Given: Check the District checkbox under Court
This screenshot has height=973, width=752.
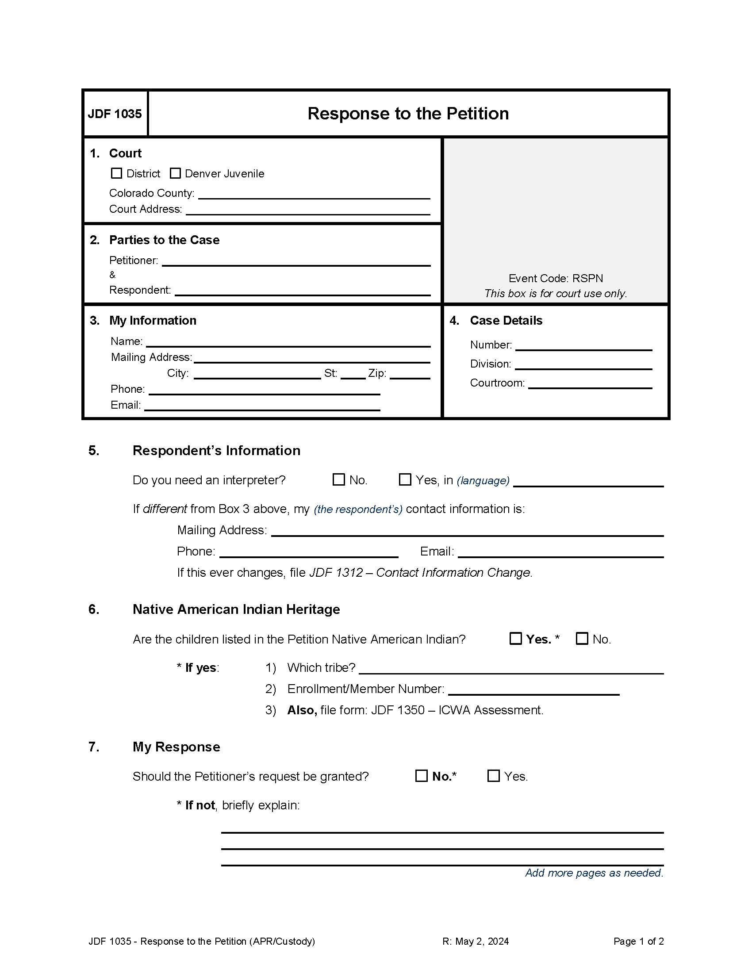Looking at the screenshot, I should coord(116,173).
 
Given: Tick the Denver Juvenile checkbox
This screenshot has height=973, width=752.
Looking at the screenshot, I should coord(176,173).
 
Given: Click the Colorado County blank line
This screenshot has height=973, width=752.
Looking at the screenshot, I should coord(314,194).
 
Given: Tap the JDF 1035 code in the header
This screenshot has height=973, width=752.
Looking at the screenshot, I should coord(115,114).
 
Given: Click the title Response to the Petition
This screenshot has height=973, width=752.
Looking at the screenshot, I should coord(408,114).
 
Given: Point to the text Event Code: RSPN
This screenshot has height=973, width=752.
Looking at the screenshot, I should coord(556,279).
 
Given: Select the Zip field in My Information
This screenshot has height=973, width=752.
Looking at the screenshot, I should coord(410,374).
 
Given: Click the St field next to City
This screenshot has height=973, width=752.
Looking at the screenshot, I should coord(353,374).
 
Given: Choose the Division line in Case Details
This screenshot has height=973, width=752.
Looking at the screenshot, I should coord(583,365).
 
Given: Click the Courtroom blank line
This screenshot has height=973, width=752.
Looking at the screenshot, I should coord(590,384).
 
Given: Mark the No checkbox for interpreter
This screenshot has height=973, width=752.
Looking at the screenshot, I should coord(339,479).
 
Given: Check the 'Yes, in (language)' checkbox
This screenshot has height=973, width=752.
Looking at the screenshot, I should coord(405,479).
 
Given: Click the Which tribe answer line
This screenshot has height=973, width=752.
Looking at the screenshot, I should coord(511,669).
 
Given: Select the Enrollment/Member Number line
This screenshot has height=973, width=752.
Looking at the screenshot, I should coord(534,690).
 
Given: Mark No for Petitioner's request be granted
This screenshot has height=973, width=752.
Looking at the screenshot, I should coord(422,776).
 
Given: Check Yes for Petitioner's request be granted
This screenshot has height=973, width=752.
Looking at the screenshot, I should coord(494,776).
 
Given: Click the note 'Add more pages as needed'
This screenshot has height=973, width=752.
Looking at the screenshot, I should coord(594,873).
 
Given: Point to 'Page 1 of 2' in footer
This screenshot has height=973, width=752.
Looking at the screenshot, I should coord(638,941).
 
